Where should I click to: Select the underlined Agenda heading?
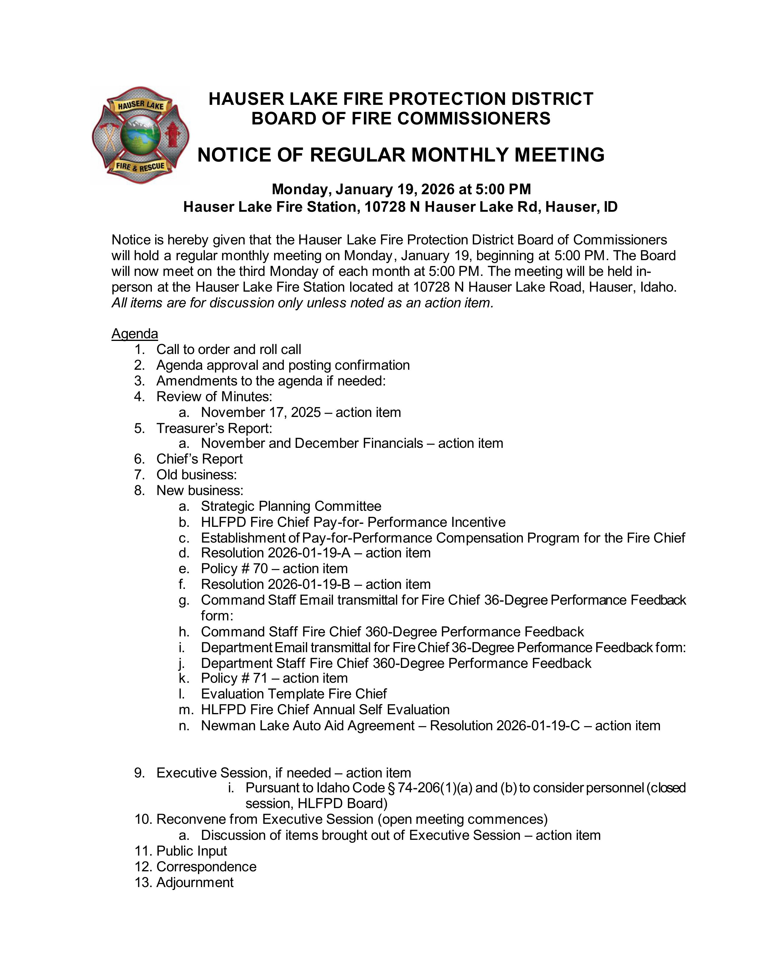(135, 333)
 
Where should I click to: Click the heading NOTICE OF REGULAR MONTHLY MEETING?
(401, 155)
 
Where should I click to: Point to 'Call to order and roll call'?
(229, 349)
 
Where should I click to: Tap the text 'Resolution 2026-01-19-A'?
(276, 553)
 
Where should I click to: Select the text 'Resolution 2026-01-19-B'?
(276, 584)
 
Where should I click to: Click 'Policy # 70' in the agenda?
(235, 568)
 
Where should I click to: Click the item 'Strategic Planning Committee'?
(291, 506)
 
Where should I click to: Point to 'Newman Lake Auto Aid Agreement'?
(308, 725)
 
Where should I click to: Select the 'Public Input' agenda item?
(192, 851)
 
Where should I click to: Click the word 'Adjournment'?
(195, 882)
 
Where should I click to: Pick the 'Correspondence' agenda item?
(207, 867)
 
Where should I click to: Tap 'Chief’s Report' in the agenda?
(199, 459)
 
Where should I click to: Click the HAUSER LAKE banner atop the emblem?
(141, 106)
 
